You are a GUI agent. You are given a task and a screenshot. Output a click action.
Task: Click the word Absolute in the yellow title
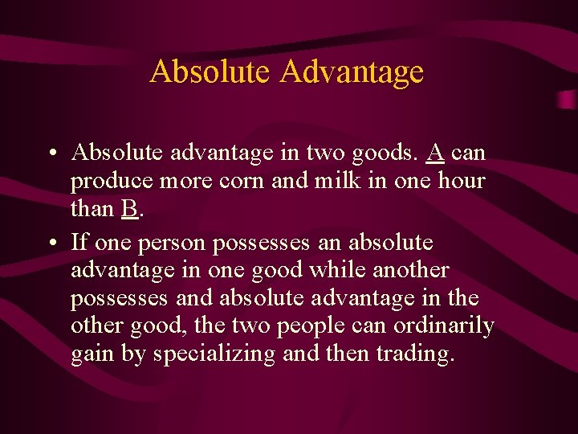coord(210,72)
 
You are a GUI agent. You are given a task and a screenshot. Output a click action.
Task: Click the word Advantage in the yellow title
coord(352,72)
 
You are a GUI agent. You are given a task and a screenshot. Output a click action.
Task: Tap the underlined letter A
coord(437,152)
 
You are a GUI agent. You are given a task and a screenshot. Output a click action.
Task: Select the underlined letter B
coord(129,209)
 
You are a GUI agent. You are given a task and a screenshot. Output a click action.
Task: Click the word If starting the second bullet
coord(79,241)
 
